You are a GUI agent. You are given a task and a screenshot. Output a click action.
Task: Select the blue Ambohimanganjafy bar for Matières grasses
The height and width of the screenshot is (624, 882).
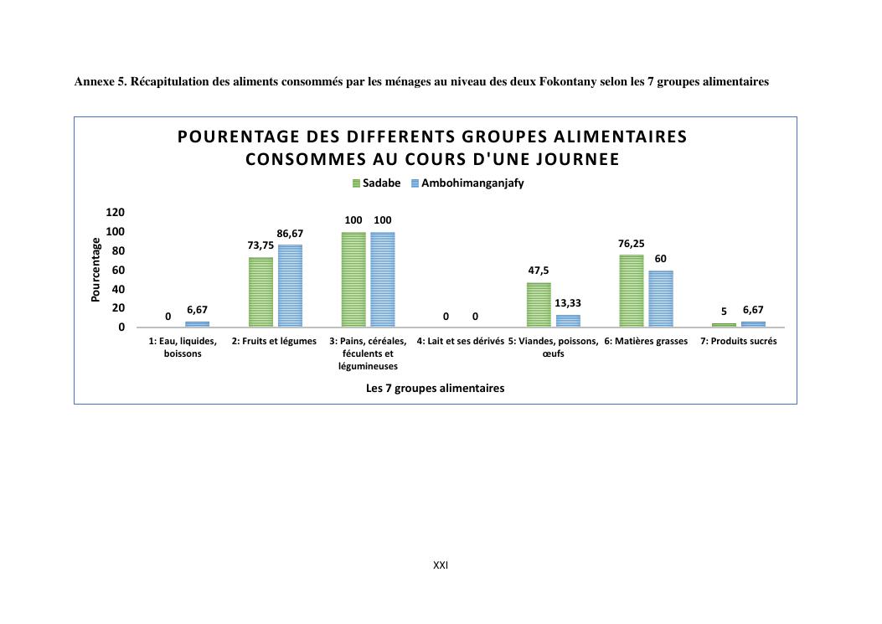661,298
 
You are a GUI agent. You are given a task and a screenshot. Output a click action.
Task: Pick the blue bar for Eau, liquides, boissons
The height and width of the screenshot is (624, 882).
198,324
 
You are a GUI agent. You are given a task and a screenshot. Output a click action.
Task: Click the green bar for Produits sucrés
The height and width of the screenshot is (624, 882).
724,325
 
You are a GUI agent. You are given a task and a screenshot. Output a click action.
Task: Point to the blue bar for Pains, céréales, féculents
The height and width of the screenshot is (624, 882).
383,279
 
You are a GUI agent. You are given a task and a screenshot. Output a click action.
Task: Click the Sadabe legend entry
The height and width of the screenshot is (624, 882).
376,183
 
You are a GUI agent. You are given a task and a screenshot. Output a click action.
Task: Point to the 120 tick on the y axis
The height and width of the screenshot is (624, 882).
116,213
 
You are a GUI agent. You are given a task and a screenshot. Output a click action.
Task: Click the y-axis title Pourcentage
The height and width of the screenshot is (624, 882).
95,270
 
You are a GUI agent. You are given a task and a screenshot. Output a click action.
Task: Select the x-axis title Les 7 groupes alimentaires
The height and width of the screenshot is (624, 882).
436,389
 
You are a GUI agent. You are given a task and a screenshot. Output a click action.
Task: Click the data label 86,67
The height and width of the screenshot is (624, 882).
290,234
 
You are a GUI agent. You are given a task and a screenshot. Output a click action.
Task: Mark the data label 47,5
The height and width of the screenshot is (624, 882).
539,271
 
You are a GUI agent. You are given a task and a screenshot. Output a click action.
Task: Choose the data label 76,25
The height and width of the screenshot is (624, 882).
632,244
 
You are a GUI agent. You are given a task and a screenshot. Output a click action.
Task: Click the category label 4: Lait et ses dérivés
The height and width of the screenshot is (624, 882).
460,342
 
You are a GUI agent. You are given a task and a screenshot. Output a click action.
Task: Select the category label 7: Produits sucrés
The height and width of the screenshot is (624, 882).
738,342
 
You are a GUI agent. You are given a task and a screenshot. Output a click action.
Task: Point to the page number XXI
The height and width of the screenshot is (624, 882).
441,565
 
